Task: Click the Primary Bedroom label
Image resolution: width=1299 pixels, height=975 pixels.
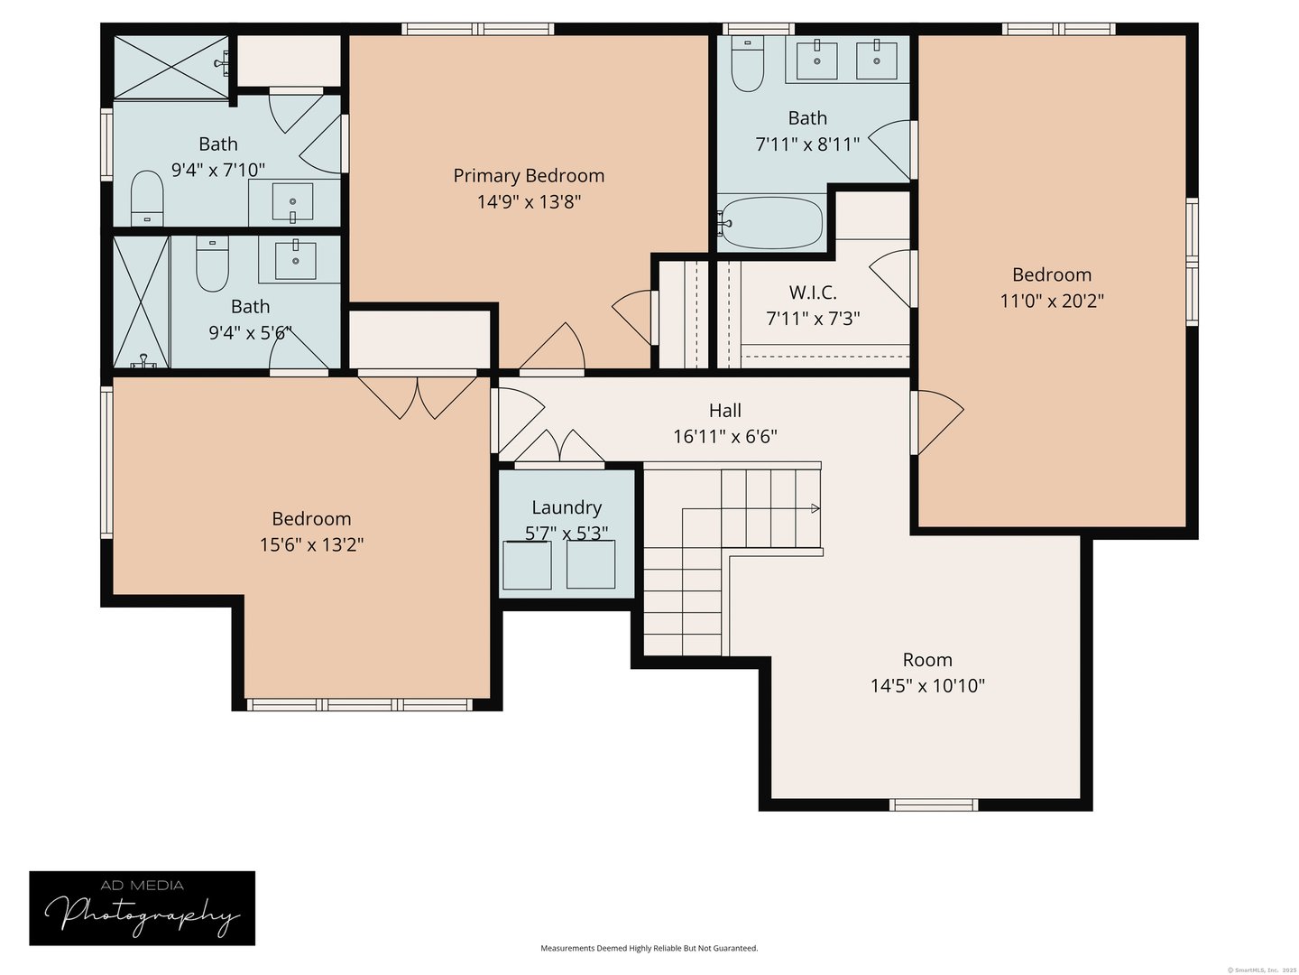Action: [x=529, y=176]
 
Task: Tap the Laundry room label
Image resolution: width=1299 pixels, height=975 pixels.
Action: [x=567, y=507]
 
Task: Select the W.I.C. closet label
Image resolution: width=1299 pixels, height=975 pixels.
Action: [x=813, y=292]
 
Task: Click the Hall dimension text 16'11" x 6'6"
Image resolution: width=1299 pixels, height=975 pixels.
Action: [x=725, y=437]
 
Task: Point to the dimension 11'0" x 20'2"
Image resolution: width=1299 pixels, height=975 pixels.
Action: [x=1052, y=301]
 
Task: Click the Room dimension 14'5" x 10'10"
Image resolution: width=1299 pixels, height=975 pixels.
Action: [x=927, y=686]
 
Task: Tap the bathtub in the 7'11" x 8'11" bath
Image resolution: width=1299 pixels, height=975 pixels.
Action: [x=772, y=222]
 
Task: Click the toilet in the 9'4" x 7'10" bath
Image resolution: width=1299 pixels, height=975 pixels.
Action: [x=146, y=198]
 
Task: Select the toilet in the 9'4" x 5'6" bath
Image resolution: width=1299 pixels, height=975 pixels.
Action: [x=213, y=264]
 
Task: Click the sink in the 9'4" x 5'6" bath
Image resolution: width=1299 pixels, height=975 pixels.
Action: [x=296, y=260]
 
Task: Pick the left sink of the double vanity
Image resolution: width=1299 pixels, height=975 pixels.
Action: [x=817, y=60]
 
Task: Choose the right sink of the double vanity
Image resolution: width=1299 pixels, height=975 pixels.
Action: [x=875, y=60]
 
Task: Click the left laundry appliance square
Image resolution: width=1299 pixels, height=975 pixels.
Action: [x=527, y=565]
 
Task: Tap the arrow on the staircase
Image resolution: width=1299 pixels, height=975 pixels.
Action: [x=815, y=509]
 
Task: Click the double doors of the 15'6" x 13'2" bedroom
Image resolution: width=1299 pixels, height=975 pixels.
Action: [x=418, y=395]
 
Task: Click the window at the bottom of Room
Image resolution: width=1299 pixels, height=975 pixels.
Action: [x=934, y=804]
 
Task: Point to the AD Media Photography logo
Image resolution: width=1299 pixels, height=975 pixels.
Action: [x=143, y=908]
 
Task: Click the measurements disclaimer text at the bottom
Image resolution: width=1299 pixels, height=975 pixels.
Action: [x=649, y=949]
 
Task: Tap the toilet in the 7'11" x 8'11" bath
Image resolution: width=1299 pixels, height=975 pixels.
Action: [x=747, y=66]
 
